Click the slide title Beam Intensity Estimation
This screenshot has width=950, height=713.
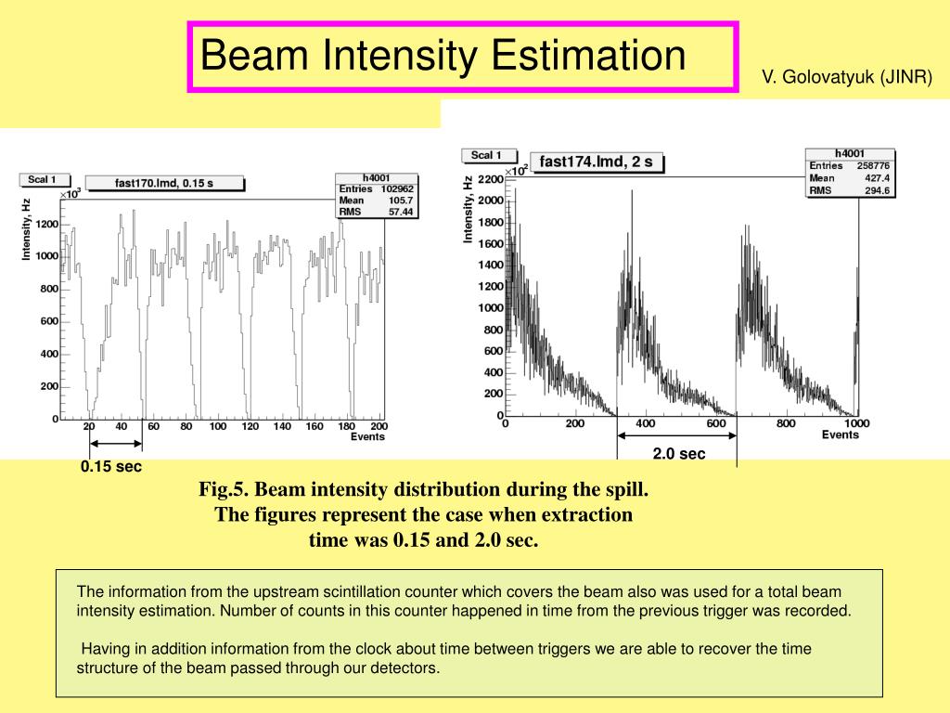coord(443,56)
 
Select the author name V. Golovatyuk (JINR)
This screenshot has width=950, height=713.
coord(847,77)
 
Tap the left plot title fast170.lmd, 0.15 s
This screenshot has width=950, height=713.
coord(164,183)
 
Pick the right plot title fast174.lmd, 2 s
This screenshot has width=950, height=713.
coord(596,162)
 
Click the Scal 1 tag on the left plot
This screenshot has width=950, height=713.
coord(42,179)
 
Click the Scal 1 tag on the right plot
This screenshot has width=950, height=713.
coord(486,155)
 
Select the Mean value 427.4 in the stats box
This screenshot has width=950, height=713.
coord(877,178)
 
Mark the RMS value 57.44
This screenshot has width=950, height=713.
coord(401,211)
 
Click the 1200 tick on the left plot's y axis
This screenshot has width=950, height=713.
coord(46,224)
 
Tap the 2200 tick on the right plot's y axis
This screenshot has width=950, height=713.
coord(490,178)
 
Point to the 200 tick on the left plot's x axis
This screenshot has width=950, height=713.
coord(378,427)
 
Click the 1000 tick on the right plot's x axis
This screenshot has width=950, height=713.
coord(856,424)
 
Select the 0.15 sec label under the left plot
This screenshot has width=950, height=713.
coord(111,466)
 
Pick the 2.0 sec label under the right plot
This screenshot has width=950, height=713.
coord(678,454)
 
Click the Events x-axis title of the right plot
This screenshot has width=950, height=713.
coord(840,434)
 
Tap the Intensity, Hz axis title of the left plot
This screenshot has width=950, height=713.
coord(27,228)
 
